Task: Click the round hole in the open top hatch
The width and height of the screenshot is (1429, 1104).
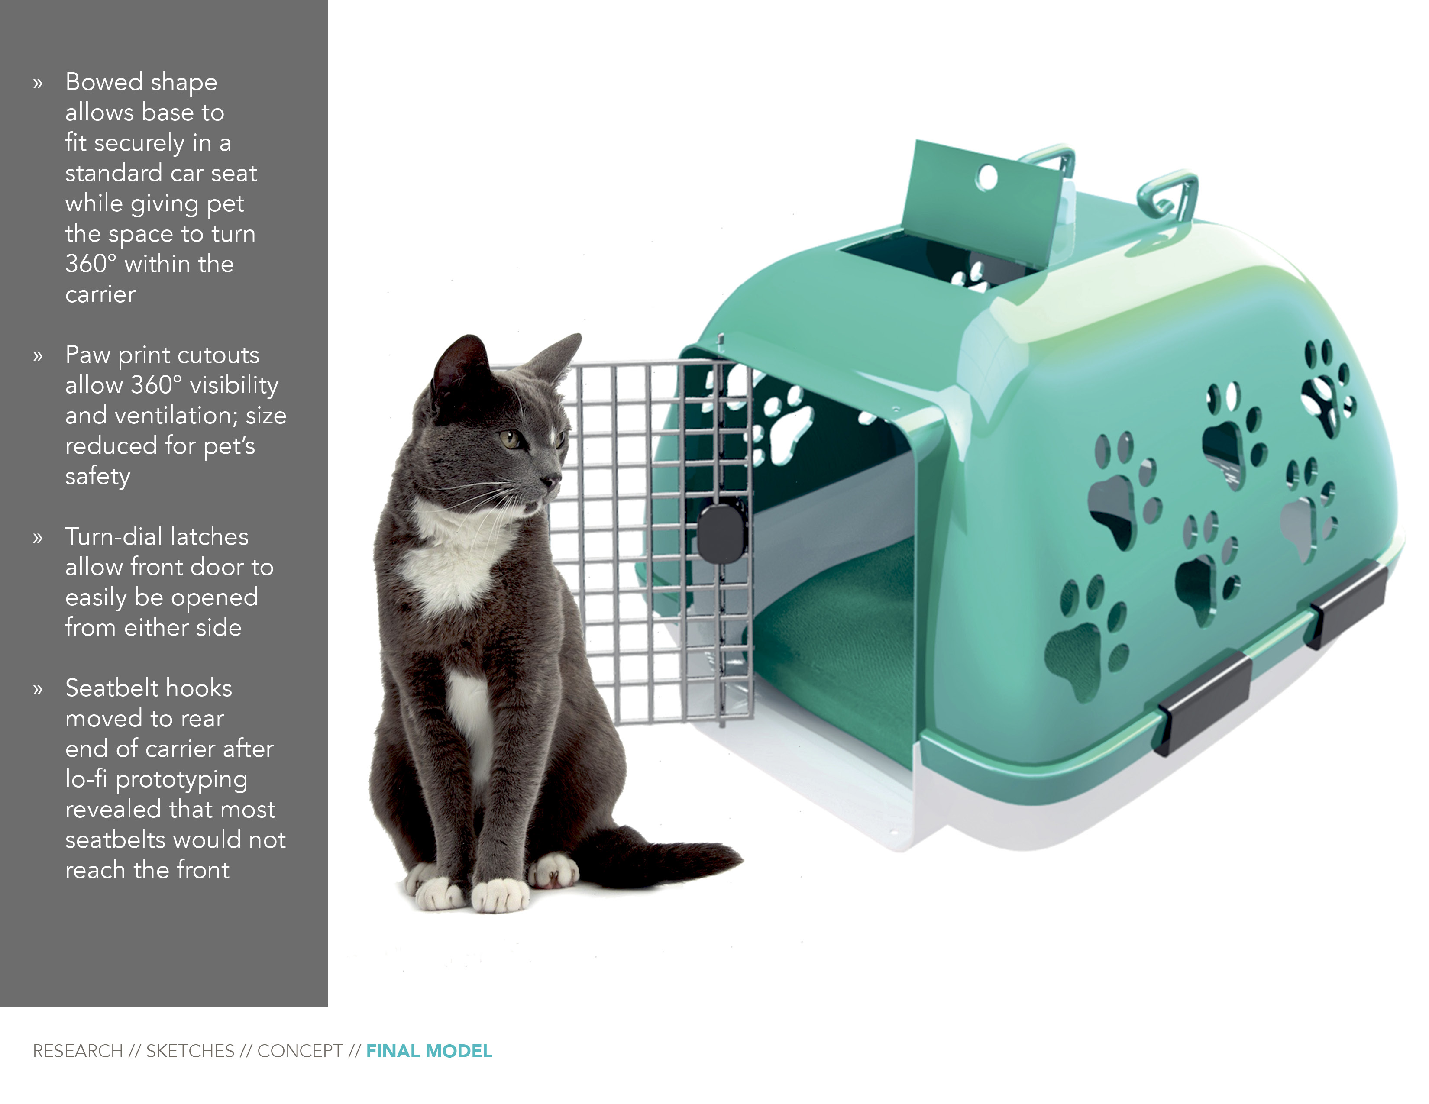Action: click(x=987, y=177)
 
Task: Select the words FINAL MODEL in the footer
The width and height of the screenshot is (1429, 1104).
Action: click(x=429, y=1052)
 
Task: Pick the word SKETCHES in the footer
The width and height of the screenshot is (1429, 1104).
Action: click(x=190, y=1052)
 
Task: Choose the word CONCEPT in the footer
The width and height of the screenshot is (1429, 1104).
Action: click(x=300, y=1052)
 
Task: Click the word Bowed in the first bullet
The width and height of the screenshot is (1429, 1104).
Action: click(x=104, y=82)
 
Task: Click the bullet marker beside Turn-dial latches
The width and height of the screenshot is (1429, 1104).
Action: click(x=38, y=538)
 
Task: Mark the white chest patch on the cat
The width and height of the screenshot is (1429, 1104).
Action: click(x=452, y=556)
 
